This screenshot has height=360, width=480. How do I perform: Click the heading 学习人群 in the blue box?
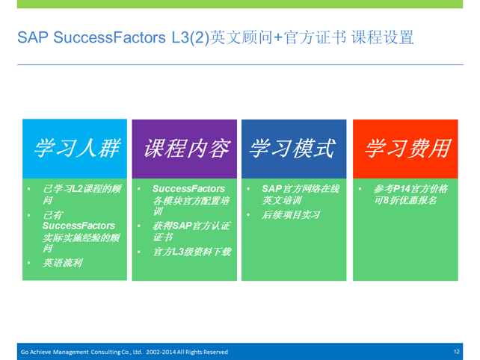tap(77, 149)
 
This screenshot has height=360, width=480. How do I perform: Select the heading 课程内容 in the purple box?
tap(187, 149)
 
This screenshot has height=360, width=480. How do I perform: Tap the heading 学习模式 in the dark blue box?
tap(292, 149)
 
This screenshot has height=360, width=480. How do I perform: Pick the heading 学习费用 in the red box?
tap(407, 149)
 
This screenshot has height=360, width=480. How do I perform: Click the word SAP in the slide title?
tap(33, 37)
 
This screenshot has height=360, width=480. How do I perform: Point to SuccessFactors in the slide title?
tap(110, 37)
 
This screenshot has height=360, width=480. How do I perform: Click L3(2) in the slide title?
tap(191, 38)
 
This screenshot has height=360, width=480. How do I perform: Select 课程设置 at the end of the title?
tap(382, 37)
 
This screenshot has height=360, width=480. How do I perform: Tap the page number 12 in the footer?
tap(456, 352)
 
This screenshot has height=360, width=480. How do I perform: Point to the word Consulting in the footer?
tap(105, 353)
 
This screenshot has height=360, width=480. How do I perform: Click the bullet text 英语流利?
tap(63, 263)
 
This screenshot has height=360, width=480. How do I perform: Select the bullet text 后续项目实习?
tap(291, 214)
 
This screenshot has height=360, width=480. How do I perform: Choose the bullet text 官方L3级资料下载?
tap(192, 252)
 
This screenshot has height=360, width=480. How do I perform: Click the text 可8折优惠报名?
tap(405, 200)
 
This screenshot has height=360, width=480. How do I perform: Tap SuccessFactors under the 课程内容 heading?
tap(188, 189)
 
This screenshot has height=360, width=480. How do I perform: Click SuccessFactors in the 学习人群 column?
tap(79, 226)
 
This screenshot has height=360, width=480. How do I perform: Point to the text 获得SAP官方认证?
tap(191, 226)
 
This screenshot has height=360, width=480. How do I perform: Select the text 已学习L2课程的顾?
tap(82, 189)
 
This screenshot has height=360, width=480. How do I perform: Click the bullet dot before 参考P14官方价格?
tap(360, 189)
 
